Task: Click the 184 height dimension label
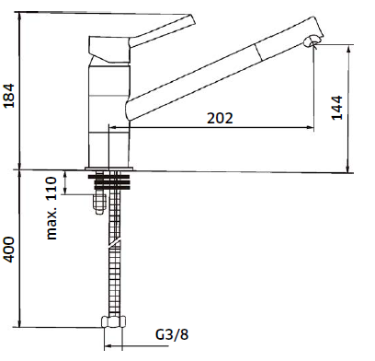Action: click(x=9, y=96)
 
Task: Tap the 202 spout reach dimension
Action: click(x=220, y=118)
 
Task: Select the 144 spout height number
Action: click(x=337, y=108)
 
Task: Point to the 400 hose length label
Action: click(x=9, y=250)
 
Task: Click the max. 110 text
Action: click(x=51, y=208)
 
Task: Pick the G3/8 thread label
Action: click(x=172, y=334)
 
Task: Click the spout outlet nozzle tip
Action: click(x=312, y=41)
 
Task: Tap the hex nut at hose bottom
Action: click(x=114, y=321)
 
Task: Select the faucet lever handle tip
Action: click(x=191, y=20)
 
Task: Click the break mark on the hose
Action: click(x=114, y=243)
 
